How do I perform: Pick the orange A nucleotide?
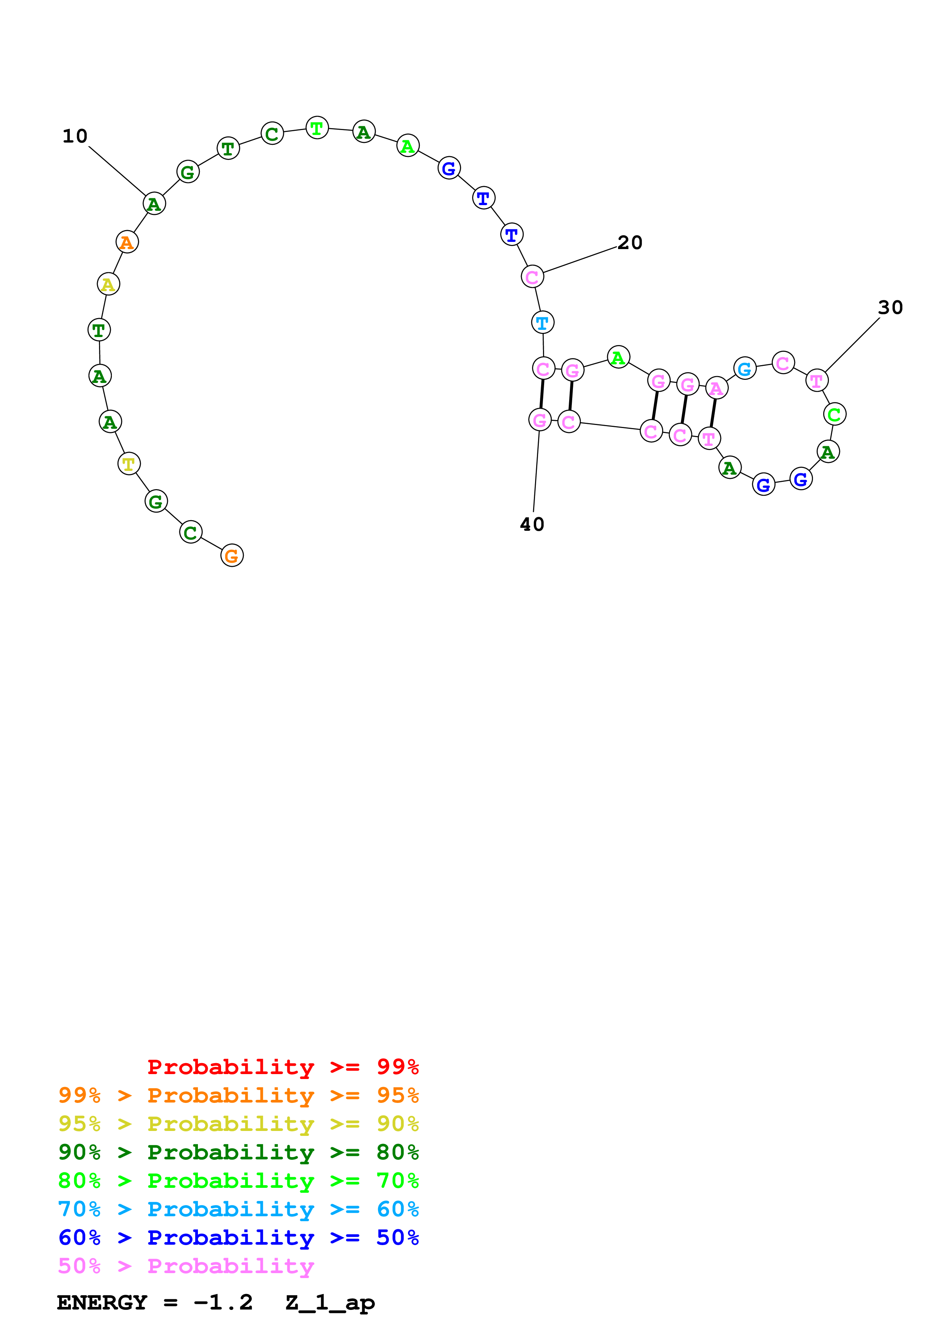tap(127, 242)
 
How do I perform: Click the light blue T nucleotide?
tap(542, 323)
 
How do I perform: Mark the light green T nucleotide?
tap(317, 128)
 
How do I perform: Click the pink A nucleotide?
tap(716, 388)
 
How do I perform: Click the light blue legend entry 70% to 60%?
tap(238, 1209)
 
